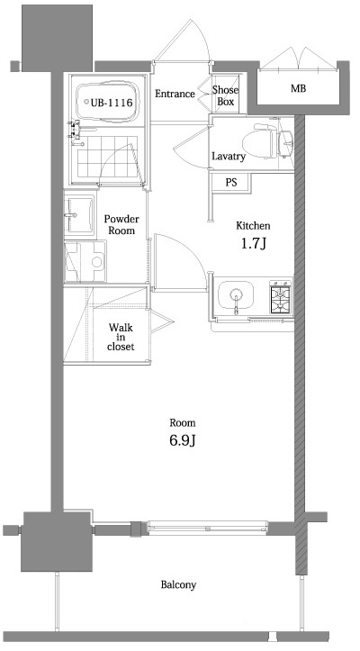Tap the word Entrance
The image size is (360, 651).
click(175, 94)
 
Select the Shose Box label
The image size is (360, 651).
click(225, 95)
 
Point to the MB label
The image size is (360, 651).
click(297, 89)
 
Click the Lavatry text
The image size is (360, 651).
click(228, 157)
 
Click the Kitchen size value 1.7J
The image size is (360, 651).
click(251, 244)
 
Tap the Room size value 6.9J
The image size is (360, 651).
click(183, 440)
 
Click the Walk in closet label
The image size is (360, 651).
click(121, 338)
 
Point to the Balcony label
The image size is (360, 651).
click(178, 585)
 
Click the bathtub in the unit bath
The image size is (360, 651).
click(108, 103)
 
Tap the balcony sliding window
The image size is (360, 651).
click(207, 525)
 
